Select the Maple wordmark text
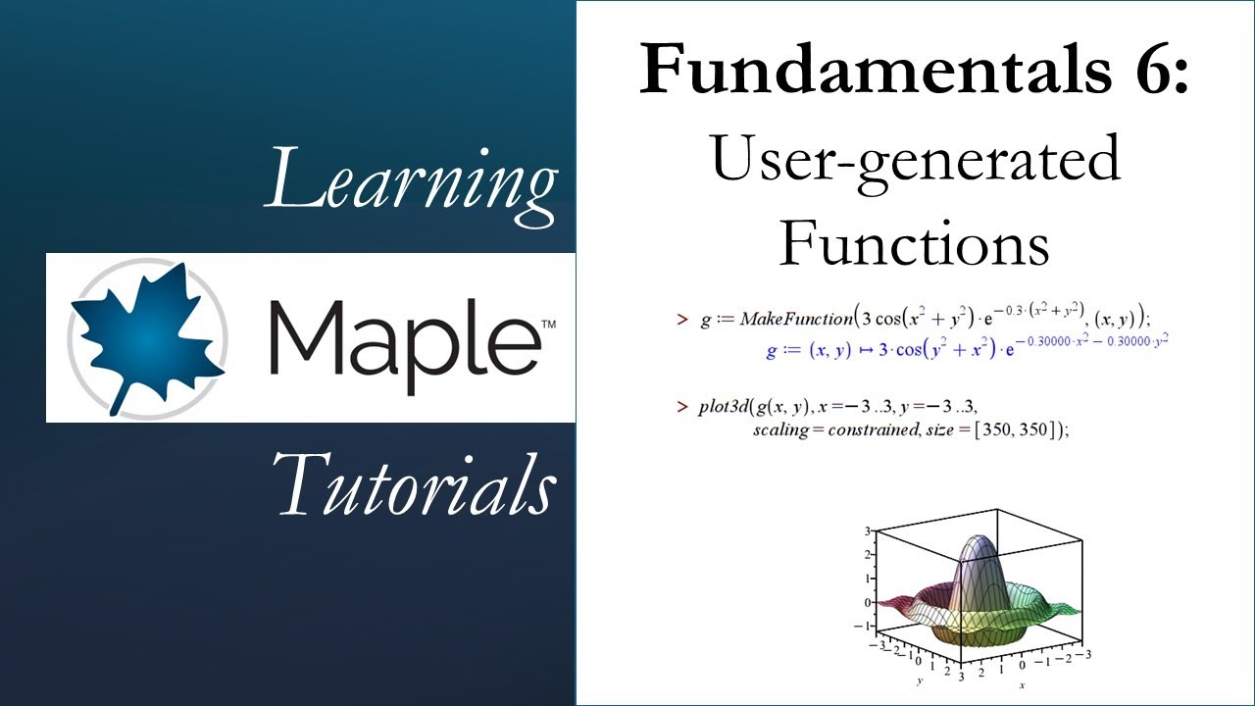(401, 338)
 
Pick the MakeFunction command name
(796, 319)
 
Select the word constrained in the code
(864, 429)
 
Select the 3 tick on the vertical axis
(866, 531)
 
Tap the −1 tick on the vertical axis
(862, 626)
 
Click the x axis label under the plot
(1021, 684)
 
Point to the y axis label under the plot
(920, 680)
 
